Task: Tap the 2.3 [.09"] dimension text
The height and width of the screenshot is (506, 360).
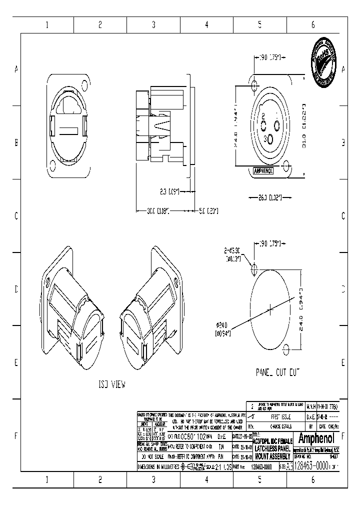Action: tap(170, 191)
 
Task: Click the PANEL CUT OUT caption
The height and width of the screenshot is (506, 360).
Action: tap(278, 372)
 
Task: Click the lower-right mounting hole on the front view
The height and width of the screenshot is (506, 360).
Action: tap(285, 165)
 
